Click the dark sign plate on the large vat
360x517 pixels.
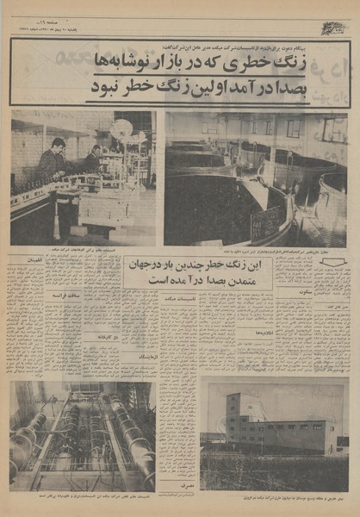click(x=265, y=222)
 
